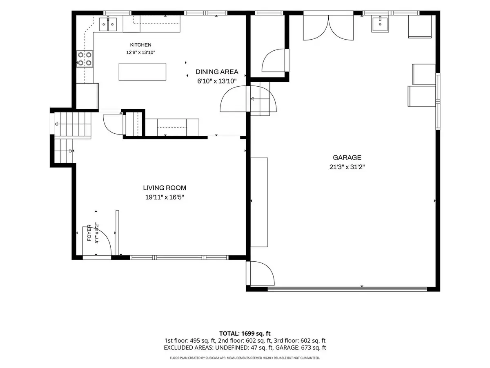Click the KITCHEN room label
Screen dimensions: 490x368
pyautogui.click(x=140, y=45)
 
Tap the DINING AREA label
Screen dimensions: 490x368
pyautogui.click(x=217, y=72)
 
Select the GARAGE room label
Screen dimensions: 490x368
pyautogui.click(x=347, y=157)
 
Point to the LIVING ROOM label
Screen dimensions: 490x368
pyautogui.click(x=165, y=188)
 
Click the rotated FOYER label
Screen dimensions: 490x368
pyautogui.click(x=89, y=233)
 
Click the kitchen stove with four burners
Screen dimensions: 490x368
pyautogui.click(x=85, y=59)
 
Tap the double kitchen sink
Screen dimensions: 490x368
pyautogui.click(x=108, y=24)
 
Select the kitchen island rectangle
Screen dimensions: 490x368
pyautogui.click(x=143, y=72)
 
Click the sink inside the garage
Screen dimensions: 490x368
pyautogui.click(x=380, y=24)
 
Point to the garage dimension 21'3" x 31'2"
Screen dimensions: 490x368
pyautogui.click(x=347, y=167)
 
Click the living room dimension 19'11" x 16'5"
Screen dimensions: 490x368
pyautogui.click(x=165, y=197)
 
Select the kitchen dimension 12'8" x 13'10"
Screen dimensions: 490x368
pyautogui.click(x=140, y=53)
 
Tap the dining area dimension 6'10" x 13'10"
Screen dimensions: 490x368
pyautogui.click(x=217, y=81)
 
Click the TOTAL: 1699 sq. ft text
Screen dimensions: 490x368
pyautogui.click(x=245, y=334)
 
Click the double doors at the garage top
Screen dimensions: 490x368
pyautogui.click(x=328, y=28)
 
